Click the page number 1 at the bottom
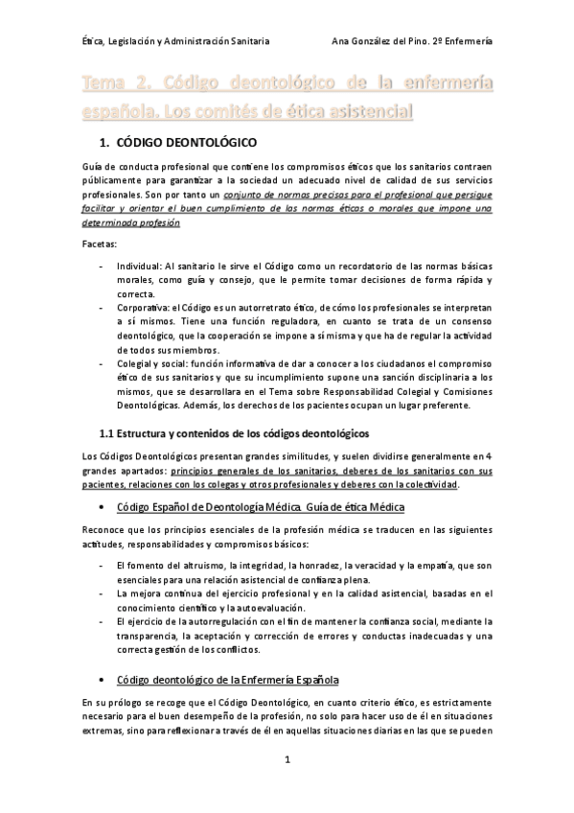pos(287,759)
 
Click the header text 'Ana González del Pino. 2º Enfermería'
pos(411,41)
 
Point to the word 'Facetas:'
pos(99,244)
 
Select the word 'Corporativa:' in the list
pos(143,307)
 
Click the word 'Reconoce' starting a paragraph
pos(102,530)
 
